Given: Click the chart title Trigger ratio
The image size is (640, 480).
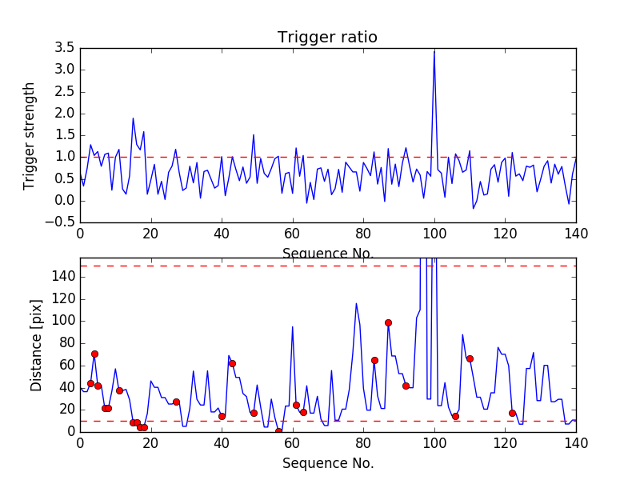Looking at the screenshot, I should (327, 38).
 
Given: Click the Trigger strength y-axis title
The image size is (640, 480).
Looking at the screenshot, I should (30, 135).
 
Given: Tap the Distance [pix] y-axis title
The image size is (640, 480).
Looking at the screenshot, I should (37, 345).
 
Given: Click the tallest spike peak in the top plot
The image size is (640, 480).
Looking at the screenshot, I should (434, 50).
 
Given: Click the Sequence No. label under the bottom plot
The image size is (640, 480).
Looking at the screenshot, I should (328, 463).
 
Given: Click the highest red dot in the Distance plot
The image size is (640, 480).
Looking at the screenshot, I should (388, 322).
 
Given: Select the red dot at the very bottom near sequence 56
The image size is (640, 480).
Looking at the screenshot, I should (278, 431).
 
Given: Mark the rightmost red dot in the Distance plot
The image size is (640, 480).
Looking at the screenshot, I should (512, 413).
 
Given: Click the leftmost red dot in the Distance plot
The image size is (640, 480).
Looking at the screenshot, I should (90, 383).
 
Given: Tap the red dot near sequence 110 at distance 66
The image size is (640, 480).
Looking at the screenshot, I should (470, 358).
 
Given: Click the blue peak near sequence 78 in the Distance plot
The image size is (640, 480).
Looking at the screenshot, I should (357, 303).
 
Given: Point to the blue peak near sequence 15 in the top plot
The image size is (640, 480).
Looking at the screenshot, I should (133, 118).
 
